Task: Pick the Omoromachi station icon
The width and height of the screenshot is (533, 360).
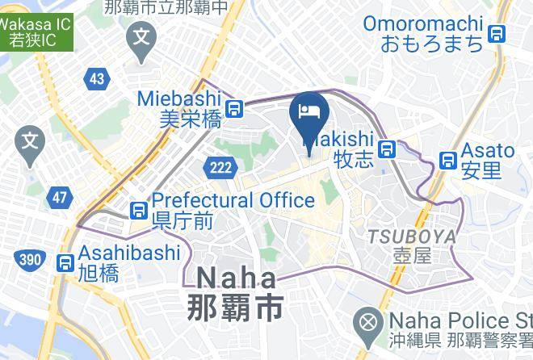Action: click(x=499, y=33)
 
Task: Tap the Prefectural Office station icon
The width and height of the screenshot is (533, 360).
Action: click(x=138, y=210)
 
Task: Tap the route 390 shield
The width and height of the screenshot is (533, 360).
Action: click(x=27, y=258)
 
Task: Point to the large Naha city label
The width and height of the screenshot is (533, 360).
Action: click(x=236, y=293)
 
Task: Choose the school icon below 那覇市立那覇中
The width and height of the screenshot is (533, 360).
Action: click(x=143, y=36)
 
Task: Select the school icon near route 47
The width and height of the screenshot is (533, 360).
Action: click(x=30, y=140)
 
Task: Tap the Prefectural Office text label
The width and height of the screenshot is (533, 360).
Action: click(x=233, y=200)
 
